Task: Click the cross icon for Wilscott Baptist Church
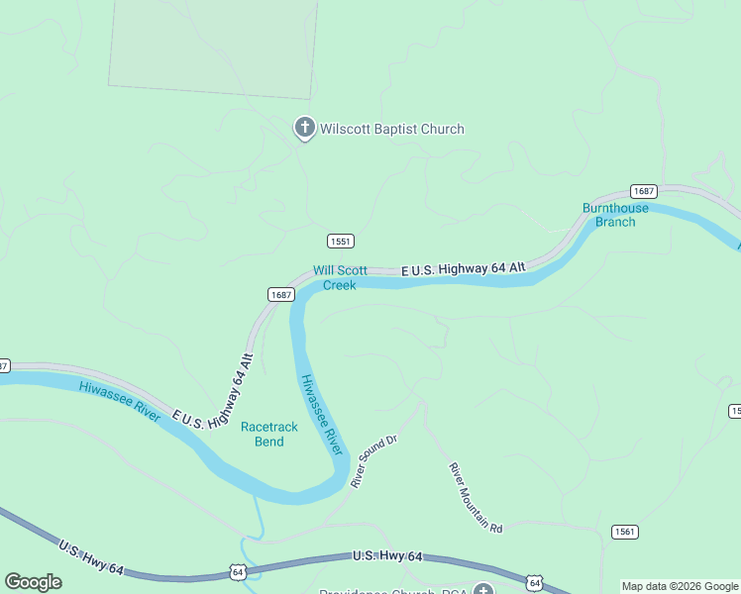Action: [304, 128]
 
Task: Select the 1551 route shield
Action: [340, 242]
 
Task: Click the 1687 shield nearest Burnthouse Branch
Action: [644, 191]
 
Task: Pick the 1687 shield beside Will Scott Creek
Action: [280, 294]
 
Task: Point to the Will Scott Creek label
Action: [340, 277]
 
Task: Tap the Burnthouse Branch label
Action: [615, 215]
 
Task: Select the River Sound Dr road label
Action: [372, 461]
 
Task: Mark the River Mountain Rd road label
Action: [476, 498]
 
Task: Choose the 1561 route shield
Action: [624, 532]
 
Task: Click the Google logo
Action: [33, 581]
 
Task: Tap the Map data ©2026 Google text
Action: [680, 586]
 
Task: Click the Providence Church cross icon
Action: [482, 592]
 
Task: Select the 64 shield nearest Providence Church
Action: [534, 582]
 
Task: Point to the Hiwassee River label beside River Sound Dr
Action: [322, 415]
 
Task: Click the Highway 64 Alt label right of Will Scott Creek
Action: [463, 269]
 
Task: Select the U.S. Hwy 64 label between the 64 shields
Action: [387, 557]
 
